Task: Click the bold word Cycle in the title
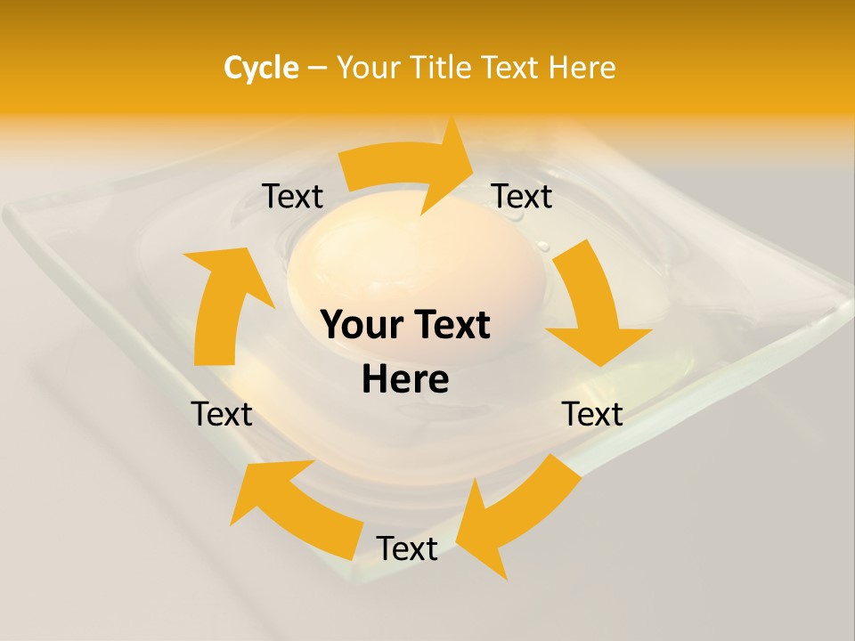pos(261,68)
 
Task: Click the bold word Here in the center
pos(405,380)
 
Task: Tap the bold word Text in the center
pos(449,326)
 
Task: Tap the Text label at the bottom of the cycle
pos(407,549)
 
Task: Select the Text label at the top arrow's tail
pos(293,197)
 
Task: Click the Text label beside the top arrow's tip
pos(522,197)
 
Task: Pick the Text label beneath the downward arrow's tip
pos(592,414)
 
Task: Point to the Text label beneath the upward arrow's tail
pos(222,414)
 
